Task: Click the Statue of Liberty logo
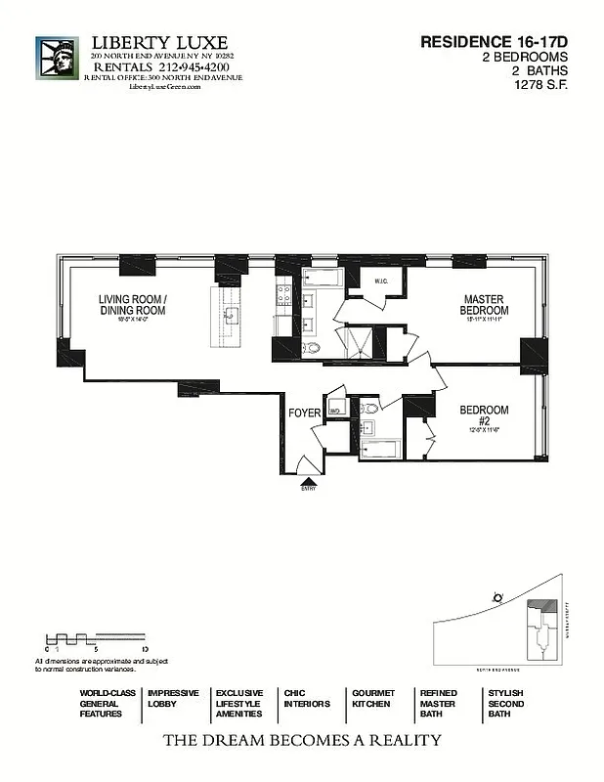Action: click(x=57, y=58)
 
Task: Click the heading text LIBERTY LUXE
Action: click(x=159, y=43)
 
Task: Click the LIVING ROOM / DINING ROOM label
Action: click(x=132, y=304)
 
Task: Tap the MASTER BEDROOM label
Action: click(x=483, y=305)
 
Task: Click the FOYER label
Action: click(x=304, y=413)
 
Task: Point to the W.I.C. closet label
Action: click(x=383, y=282)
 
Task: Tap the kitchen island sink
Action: click(x=231, y=315)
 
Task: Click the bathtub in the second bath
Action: click(x=378, y=449)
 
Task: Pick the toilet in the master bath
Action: click(x=311, y=347)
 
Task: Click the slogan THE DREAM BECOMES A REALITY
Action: click(x=301, y=740)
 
